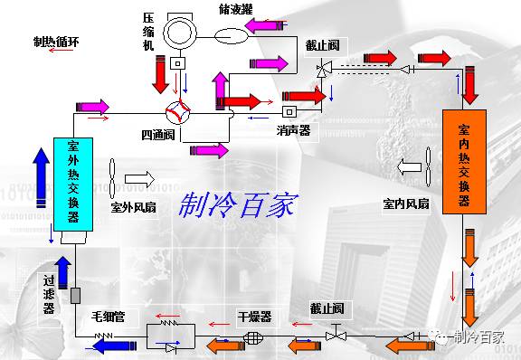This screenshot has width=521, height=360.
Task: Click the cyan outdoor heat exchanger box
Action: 72,189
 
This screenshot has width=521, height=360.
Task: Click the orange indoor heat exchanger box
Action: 463,161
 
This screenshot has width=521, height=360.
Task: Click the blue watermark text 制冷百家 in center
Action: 238,205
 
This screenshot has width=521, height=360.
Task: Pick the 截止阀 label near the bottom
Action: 326,308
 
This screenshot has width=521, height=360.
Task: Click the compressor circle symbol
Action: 184,30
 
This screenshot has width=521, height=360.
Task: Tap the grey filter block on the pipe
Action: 75,296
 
